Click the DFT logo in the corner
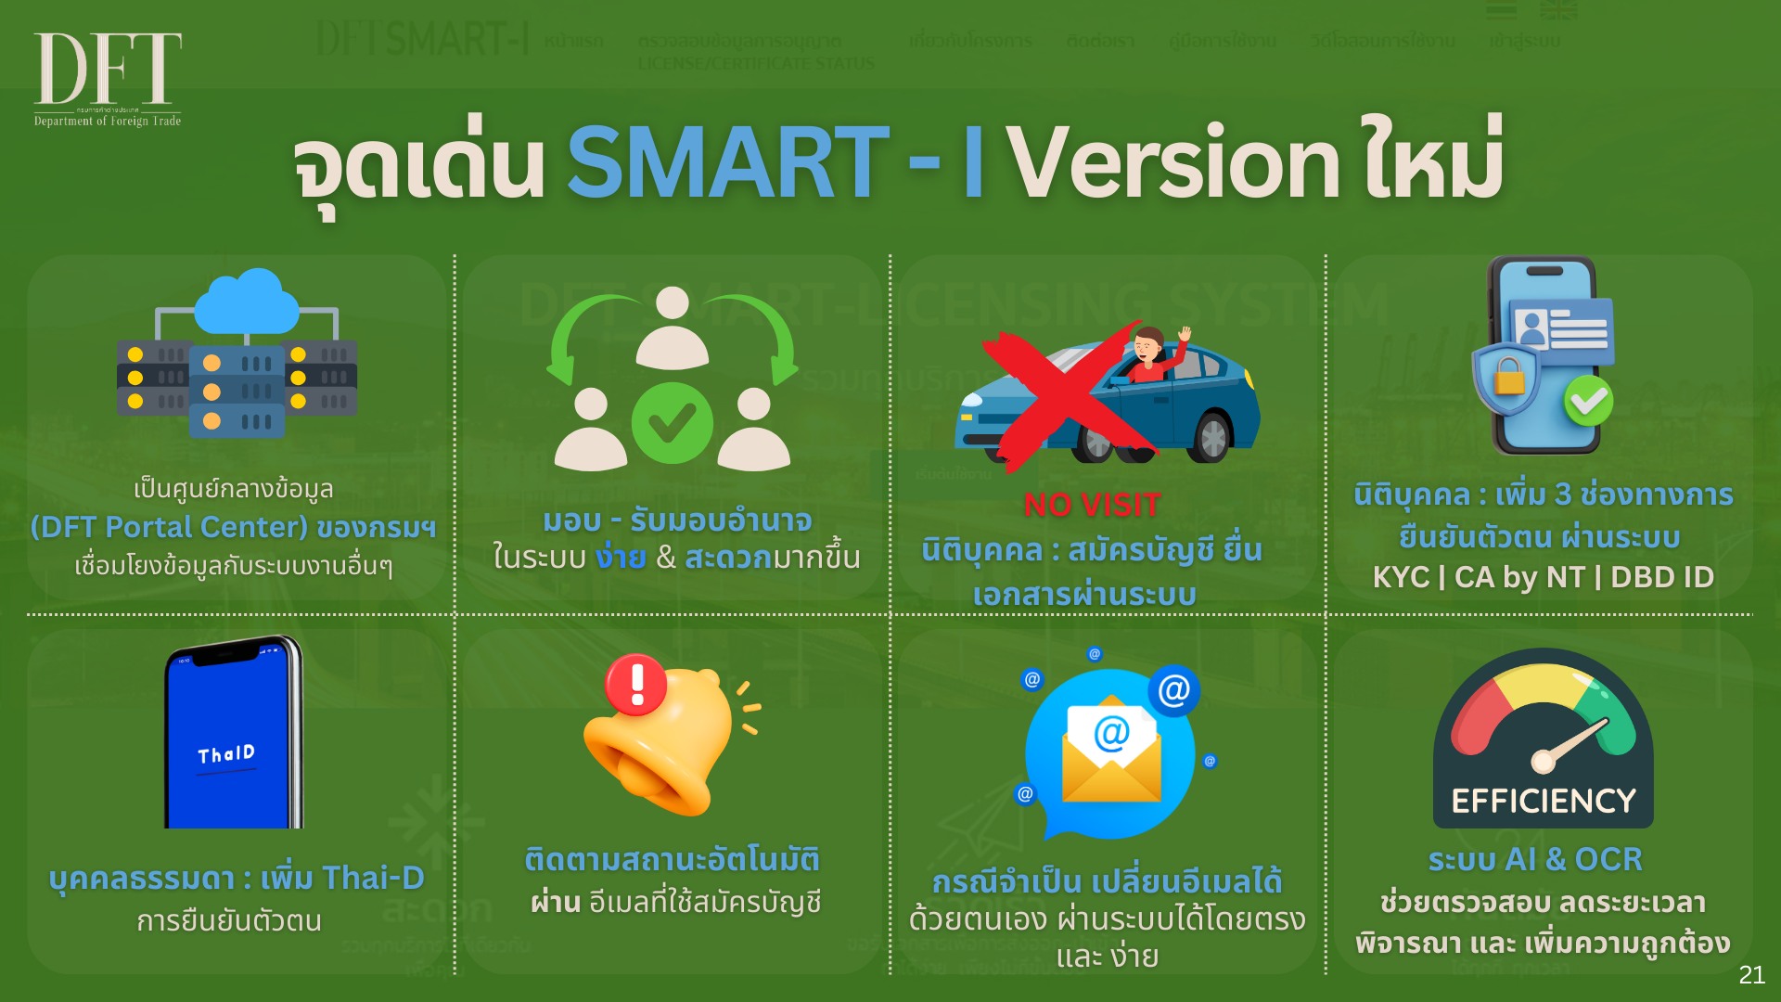108,78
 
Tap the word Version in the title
1173,163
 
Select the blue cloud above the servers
248,301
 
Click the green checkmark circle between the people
672,423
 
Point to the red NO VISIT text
1092,505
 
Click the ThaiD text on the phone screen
226,753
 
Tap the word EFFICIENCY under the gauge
1543,801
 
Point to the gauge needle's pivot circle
1543,762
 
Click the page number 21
1751,974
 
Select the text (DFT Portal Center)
169,527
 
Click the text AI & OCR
1573,859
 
